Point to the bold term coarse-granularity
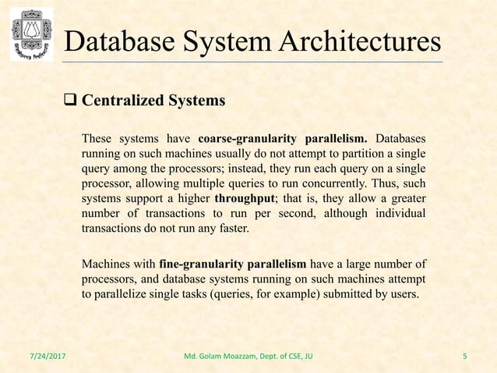248,140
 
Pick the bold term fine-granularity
209,261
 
